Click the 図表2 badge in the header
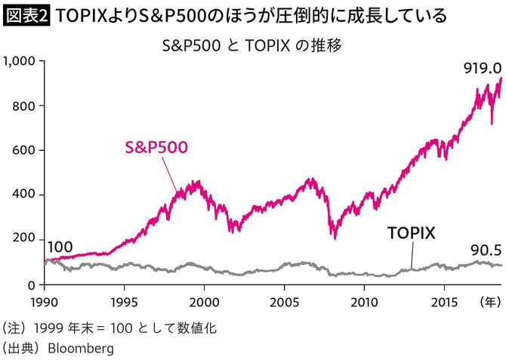pos(26,15)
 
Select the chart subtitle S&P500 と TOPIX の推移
pos(252,45)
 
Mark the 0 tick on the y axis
pos(33,285)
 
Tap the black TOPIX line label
pos(412,233)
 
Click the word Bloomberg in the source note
pos(82,349)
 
